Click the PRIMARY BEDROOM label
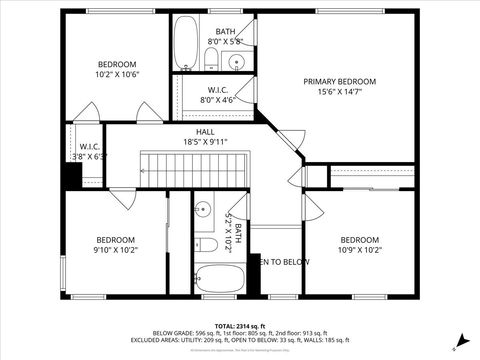pos(339,81)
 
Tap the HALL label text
pos(205,131)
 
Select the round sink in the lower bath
pos(203,211)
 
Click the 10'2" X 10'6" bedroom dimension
pos(116,74)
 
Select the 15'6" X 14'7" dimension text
pos(339,92)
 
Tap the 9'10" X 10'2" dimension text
pos(115,250)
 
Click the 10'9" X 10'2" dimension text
pos(359,250)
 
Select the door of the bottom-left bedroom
pos(123,198)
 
